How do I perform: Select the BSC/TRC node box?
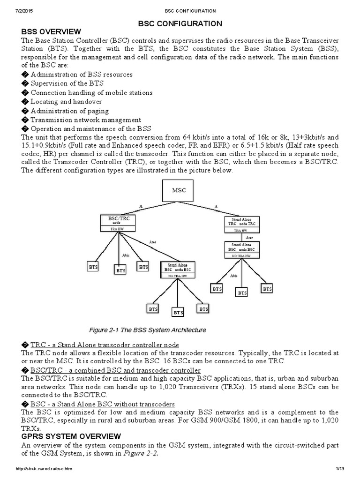[x=119, y=223]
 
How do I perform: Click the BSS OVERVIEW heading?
[x=51, y=31]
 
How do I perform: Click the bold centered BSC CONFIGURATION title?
[x=180, y=23]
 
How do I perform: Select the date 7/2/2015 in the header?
[x=13, y=10]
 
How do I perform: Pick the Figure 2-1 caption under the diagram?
[x=147, y=330]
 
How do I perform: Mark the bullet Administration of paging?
[x=69, y=111]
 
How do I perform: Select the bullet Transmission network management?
[x=86, y=120]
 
